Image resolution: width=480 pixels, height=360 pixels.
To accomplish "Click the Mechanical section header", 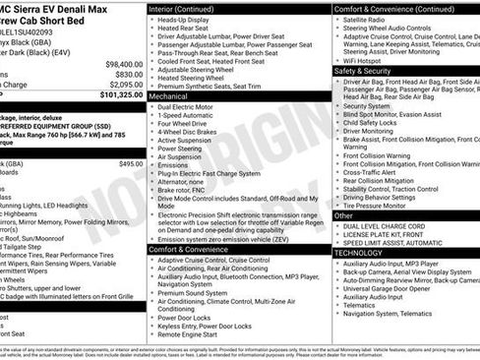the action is click(x=175, y=97).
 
